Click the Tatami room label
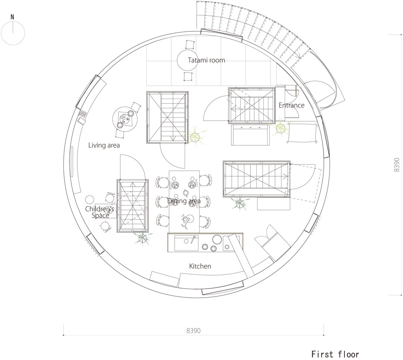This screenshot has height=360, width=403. coord(206,60)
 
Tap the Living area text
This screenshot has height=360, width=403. coord(104,145)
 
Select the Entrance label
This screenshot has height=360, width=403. coord(291,105)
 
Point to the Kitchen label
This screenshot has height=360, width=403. coord(200,266)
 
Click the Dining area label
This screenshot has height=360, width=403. coord(184,201)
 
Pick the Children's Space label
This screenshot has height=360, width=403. coord(100,212)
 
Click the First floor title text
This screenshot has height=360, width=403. coord(335,354)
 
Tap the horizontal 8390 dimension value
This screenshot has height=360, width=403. coord(193,330)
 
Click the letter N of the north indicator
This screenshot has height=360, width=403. coord(12,17)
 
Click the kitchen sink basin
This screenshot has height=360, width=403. coord(186,243)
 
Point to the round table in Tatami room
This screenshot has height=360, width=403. coord(187,60)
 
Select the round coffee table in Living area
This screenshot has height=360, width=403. coord(125,119)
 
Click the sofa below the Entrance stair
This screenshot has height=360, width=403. coord(251,135)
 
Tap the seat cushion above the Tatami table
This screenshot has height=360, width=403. coord(190,44)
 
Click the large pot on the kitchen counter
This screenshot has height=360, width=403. coord(217,240)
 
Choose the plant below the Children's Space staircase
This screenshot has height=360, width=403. coord(142,238)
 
